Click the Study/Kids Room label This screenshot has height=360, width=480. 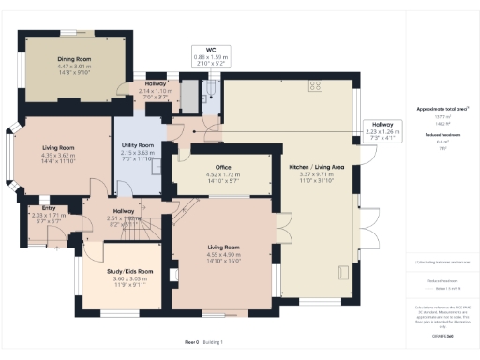(x=125, y=271)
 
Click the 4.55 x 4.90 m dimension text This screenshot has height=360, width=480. (x=224, y=254)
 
